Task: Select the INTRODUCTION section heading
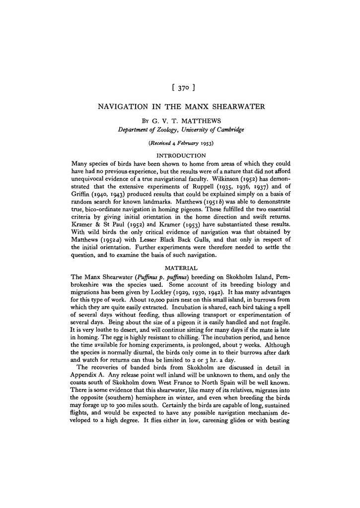click(180, 156)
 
